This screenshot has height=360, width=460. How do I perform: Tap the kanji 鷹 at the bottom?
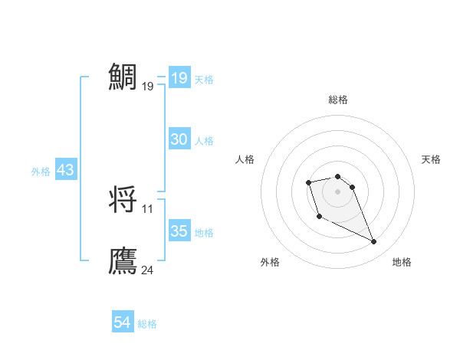[x=123, y=261]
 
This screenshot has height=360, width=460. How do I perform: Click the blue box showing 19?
[x=179, y=78]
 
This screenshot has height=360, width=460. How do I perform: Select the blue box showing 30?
[x=179, y=139]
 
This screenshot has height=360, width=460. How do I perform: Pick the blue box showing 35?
[x=179, y=231]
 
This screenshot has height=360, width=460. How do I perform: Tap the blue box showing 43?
[x=66, y=171]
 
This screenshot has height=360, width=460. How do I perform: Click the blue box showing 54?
[x=123, y=323]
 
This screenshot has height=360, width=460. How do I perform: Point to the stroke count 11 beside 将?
[x=147, y=208]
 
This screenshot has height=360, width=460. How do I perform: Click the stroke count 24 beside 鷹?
[x=148, y=270]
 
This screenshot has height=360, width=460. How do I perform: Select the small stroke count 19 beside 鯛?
[x=147, y=87]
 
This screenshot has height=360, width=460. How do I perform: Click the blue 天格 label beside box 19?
[x=204, y=80]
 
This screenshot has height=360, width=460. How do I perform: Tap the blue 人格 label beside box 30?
[x=204, y=141]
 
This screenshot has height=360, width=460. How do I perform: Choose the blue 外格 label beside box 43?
[x=41, y=172]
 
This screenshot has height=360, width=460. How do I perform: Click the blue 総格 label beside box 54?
[x=147, y=325]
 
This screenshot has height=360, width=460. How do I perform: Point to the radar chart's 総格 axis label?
[x=338, y=100]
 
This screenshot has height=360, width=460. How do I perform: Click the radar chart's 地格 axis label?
[x=402, y=262]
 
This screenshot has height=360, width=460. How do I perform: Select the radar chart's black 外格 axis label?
[x=270, y=262]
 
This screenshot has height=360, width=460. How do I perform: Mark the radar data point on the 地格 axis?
[x=374, y=242]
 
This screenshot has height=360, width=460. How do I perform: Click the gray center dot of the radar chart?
[x=338, y=191]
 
